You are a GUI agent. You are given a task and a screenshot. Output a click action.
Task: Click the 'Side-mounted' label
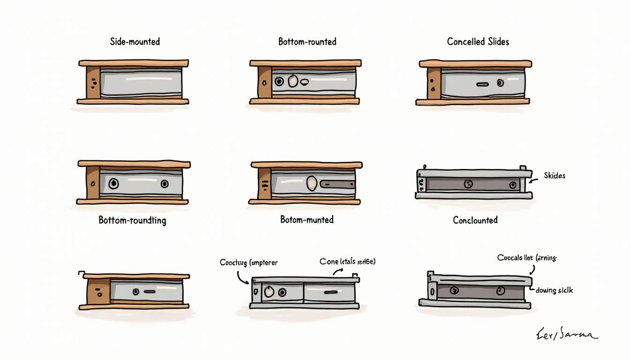(x=135, y=42)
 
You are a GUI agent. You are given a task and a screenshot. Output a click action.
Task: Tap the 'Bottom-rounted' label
(x=307, y=42)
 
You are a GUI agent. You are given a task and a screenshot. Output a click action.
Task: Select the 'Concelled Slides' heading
(x=478, y=42)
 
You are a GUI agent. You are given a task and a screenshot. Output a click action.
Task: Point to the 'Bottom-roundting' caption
(x=132, y=220)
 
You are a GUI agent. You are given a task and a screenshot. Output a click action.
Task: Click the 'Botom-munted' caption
(x=307, y=219)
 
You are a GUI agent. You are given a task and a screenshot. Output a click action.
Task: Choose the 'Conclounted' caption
(x=475, y=220)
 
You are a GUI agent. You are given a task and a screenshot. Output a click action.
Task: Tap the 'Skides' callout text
(x=555, y=176)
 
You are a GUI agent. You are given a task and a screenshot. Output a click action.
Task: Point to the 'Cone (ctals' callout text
(x=347, y=261)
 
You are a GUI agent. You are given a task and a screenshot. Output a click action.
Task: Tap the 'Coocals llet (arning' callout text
(x=526, y=257)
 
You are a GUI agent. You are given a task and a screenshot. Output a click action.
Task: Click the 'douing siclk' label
(x=554, y=291)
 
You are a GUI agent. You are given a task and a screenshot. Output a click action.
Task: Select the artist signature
(x=566, y=335)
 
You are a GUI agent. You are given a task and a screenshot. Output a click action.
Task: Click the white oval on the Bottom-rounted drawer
(x=293, y=81)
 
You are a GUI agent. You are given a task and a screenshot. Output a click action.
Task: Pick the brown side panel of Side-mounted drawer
(x=93, y=82)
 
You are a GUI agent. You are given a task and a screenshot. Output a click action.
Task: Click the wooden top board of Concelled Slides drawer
(x=475, y=63)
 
